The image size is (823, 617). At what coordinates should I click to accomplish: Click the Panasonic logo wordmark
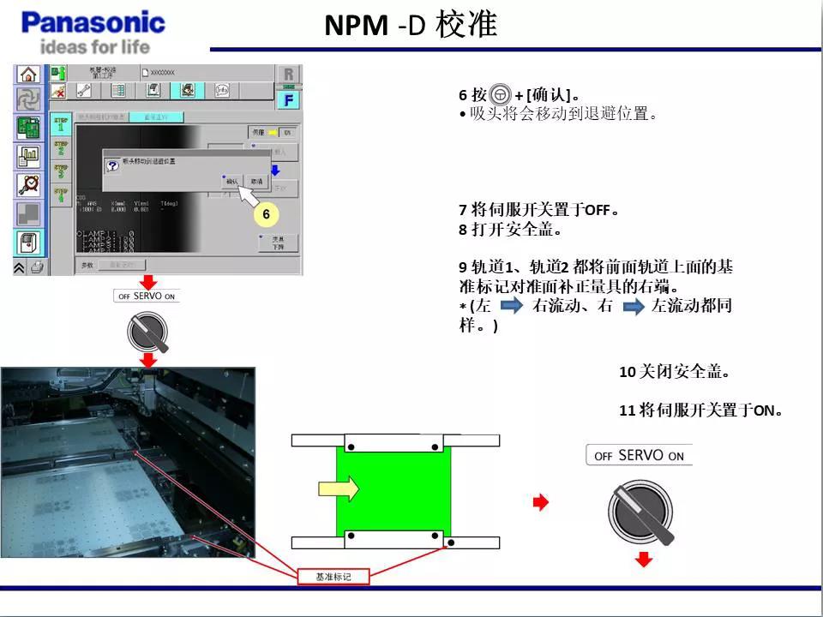(93, 21)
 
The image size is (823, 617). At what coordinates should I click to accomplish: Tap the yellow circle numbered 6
(266, 213)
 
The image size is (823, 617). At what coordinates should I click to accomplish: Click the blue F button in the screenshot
(289, 99)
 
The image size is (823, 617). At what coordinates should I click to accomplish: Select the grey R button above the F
(289, 74)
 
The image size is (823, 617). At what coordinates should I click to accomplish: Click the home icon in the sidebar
(28, 74)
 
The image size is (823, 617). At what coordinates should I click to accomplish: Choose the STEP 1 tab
(61, 123)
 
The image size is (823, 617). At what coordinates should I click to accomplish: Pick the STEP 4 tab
(61, 195)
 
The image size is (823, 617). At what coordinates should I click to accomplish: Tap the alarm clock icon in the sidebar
(28, 184)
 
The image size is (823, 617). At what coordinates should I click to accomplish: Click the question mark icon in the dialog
(111, 164)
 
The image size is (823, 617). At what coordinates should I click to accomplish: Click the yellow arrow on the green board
(339, 488)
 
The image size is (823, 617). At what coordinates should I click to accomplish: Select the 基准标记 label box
(333, 576)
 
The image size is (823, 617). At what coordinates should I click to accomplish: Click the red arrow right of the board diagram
(540, 503)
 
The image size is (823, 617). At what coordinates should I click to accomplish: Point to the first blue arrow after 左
(512, 306)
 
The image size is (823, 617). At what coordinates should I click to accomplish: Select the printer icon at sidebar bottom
(36, 267)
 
